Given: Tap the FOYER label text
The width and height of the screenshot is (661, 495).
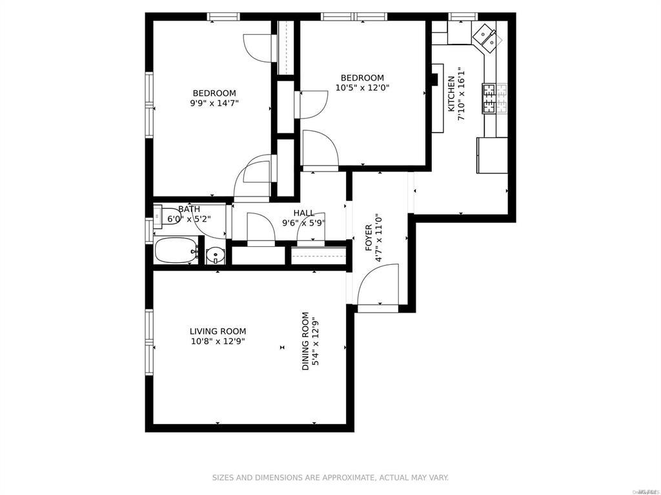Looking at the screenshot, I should [369, 238].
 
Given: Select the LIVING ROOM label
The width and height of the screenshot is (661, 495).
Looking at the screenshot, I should [218, 331].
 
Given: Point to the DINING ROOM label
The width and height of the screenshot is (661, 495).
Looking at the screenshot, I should [305, 342].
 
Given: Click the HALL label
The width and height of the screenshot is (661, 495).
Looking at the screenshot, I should [303, 213].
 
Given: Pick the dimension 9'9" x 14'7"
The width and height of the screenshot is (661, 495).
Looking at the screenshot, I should [214, 103].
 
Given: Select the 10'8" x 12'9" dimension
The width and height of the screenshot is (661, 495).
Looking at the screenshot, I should [218, 342].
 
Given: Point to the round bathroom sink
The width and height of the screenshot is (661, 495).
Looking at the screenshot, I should [215, 256].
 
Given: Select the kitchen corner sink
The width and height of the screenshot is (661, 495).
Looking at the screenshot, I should [487, 37].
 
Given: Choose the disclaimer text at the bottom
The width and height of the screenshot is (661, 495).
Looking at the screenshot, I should [330, 478].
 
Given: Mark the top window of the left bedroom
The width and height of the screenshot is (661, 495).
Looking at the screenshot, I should [224, 17].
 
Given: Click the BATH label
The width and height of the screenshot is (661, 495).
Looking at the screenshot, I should [189, 209].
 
